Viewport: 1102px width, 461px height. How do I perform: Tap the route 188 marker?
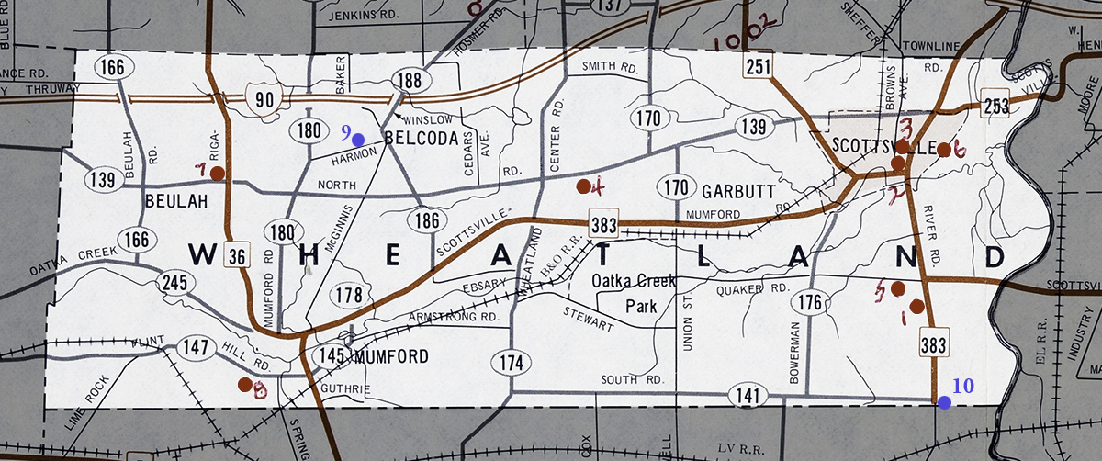coord(410,80)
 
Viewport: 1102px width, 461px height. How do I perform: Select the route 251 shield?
coord(759,65)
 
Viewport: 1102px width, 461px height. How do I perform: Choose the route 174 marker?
coord(512,363)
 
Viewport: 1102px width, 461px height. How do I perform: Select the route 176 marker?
coord(809,302)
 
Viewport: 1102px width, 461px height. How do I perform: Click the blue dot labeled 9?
coord(358,139)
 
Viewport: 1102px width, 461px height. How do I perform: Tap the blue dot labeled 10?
coord(944,401)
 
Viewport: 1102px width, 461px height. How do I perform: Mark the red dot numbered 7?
coord(218,173)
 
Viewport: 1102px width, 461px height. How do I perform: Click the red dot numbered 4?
coord(583,186)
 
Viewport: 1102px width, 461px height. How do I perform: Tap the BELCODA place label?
coord(421,139)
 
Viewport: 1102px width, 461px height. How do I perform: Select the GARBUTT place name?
coord(740,191)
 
